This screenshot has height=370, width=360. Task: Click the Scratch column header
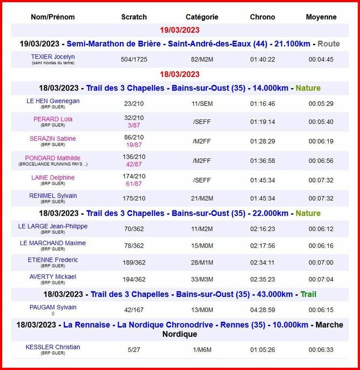tap(134, 17)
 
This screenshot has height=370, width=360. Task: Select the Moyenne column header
tap(321, 17)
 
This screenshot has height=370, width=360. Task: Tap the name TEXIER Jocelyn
tap(53, 57)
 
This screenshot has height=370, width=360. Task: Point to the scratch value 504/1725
tap(134, 60)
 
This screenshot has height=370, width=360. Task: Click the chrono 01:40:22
tap(262, 60)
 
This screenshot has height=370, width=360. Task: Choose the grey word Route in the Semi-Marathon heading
tap(329, 44)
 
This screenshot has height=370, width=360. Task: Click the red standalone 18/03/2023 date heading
tap(180, 74)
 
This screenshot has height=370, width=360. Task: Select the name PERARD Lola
tap(53, 119)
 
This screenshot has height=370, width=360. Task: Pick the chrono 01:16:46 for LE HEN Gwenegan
tap(262, 104)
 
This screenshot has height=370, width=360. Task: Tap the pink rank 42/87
tap(134, 164)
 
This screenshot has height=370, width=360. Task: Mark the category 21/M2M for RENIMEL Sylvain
tap(202, 198)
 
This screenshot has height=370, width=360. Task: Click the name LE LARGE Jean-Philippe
tap(53, 226)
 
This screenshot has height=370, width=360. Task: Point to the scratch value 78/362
tap(134, 246)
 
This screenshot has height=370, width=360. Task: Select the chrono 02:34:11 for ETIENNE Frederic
tap(262, 263)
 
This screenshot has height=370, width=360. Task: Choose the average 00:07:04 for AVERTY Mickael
tap(321, 279)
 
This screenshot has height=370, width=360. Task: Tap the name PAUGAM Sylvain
tap(53, 307)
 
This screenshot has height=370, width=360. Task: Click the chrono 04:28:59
tap(262, 310)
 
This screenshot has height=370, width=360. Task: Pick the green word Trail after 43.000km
tap(309, 294)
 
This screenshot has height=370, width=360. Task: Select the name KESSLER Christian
tap(53, 347)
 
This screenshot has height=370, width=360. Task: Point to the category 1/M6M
tap(202, 350)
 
